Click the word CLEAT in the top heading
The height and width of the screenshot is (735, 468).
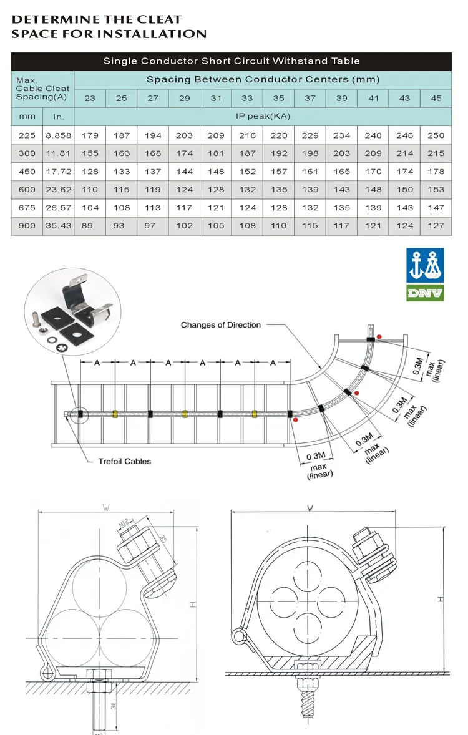(x=159, y=20)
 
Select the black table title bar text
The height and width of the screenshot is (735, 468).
(x=232, y=61)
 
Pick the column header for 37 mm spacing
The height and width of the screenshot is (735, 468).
(x=310, y=98)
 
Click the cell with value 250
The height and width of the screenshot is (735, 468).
(x=436, y=135)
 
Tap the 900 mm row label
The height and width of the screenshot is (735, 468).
(x=27, y=226)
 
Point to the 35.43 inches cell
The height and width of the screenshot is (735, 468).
(x=58, y=226)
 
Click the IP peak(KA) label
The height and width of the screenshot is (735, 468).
(x=262, y=116)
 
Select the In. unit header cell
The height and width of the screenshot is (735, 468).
(x=58, y=117)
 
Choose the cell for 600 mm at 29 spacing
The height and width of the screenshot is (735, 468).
(x=184, y=190)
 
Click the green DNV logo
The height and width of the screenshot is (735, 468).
(x=425, y=291)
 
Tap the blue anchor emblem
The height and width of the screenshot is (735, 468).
(x=425, y=265)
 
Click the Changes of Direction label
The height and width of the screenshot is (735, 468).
(x=220, y=324)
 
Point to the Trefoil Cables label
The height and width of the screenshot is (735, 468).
(x=124, y=461)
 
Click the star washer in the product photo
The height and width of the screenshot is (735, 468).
(x=62, y=347)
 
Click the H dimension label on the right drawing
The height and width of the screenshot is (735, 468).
(x=441, y=599)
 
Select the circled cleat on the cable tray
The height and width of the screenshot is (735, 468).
(x=80, y=414)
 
